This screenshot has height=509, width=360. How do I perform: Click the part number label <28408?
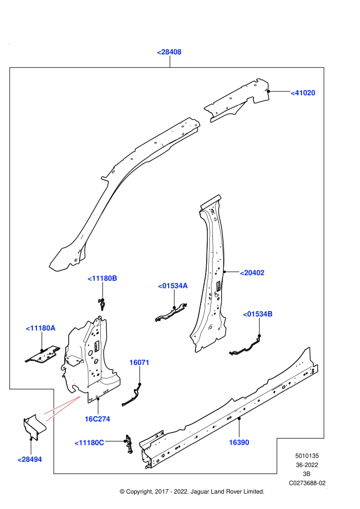pos(169,52)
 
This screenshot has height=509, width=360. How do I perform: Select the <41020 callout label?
pos(303,93)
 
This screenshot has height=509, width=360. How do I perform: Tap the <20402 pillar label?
pos(252,273)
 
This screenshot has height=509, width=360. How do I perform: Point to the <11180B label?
pos(102,279)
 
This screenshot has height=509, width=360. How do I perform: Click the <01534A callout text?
pos(173,286)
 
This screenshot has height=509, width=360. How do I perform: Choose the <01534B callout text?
pos(258,314)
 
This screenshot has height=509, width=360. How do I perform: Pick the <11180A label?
pos(41,328)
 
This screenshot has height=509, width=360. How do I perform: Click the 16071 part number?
pos(139,362)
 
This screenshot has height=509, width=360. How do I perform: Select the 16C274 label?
pos(97,419)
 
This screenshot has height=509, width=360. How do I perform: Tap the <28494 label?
pos(29,460)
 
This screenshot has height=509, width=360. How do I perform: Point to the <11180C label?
pos(89,443)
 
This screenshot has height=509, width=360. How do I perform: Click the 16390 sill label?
pos(239,443)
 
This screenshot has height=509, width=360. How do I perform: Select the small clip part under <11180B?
pos(102,305)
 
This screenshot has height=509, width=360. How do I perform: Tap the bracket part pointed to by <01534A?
pos(171,313)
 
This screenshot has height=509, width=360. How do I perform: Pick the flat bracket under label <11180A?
pos(43,354)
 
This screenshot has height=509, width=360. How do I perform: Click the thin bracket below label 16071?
pos(133,394)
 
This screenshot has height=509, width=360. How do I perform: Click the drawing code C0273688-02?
pos(307,483)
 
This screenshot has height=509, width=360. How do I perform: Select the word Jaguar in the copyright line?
pos(200,492)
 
